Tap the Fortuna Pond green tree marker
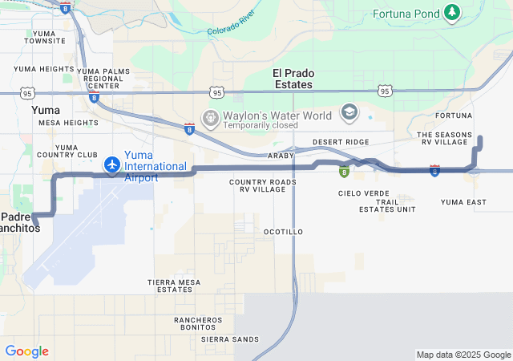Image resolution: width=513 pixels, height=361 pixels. [x=452, y=12]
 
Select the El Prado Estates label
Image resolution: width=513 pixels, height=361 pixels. [x=293, y=79]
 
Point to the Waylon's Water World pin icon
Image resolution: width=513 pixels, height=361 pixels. [x=211, y=118]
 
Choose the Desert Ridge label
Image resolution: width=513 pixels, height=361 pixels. [x=341, y=142]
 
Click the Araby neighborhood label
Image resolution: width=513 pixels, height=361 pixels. [x=281, y=156]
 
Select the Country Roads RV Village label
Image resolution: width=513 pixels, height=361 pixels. [x=262, y=186]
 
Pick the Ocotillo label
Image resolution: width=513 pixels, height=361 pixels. [x=283, y=232]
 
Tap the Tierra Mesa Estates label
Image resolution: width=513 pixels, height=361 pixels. [x=174, y=286]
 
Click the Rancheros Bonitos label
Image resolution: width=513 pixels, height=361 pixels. [x=198, y=323]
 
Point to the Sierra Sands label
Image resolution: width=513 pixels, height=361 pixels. [x=230, y=339]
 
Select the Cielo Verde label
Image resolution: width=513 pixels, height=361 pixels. [x=363, y=193]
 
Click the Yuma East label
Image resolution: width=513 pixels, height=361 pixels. [x=463, y=202]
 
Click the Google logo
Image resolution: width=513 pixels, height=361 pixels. [x=26, y=351]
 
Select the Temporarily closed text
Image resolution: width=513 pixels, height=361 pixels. [x=261, y=125]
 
